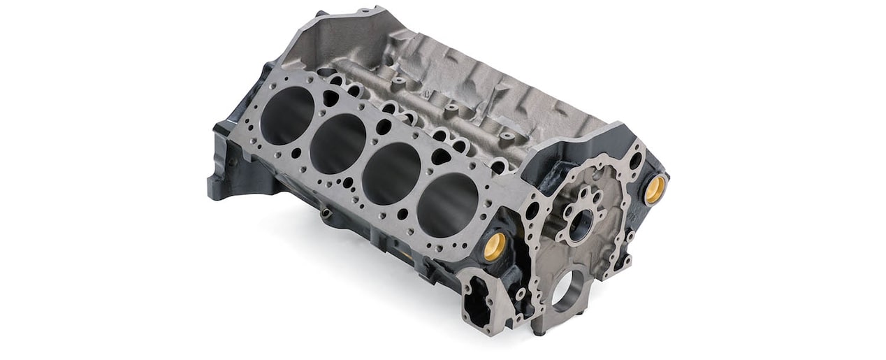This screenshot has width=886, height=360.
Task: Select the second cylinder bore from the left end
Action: (337, 143)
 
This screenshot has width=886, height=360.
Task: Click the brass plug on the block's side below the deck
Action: (495, 245)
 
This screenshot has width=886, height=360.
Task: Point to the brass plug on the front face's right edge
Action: (655, 189)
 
